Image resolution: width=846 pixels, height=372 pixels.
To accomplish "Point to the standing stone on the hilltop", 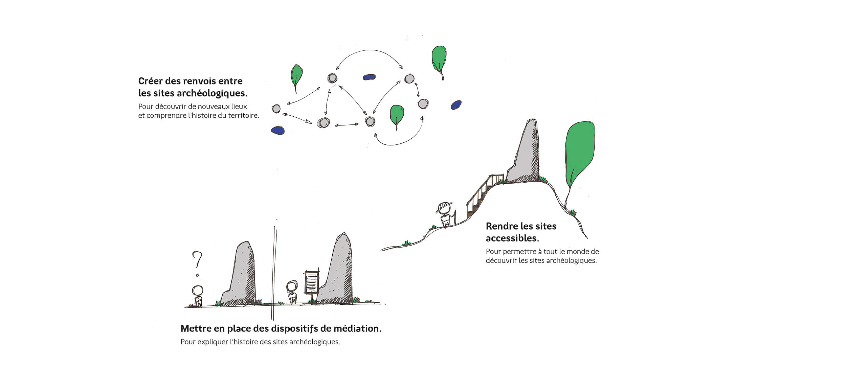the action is pos(526,152).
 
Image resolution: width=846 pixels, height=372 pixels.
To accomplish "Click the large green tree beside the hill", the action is pos(579,149).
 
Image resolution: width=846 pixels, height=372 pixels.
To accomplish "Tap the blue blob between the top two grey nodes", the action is pos(369,77).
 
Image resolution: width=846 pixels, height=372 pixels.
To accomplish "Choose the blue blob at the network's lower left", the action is pos(278,130).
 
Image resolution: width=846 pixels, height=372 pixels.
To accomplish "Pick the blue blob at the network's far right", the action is pos(456,105).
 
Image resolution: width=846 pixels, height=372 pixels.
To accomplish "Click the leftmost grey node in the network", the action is pos(276,109).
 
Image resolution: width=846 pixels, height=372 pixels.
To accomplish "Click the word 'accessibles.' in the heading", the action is pos(512,238).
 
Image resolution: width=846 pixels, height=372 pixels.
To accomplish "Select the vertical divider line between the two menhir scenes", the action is pos(273,271).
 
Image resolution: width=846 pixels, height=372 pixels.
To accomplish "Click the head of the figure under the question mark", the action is pos(197,290).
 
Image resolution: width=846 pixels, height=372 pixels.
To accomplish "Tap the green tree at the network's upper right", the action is pos(439,59).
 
